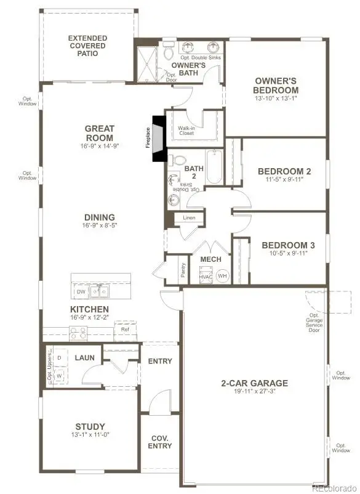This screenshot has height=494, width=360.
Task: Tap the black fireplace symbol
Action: point(159,139)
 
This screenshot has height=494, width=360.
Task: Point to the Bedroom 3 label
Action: point(280,245)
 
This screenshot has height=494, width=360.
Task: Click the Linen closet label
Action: point(189,219)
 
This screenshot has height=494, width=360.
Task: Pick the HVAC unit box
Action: point(206,277)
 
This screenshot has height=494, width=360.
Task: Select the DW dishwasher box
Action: point(81,291)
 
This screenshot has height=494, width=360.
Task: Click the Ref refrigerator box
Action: point(126,329)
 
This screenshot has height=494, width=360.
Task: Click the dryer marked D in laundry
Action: point(59,357)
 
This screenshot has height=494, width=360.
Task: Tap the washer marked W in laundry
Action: point(59,375)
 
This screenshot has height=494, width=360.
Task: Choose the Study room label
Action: point(90,426)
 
